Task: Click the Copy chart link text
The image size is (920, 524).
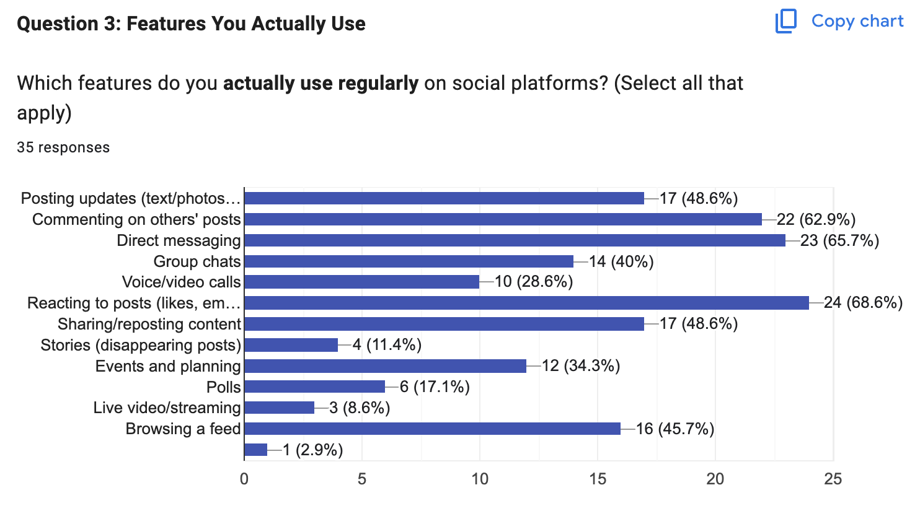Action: click(x=857, y=21)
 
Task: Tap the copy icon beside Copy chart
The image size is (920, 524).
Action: click(x=786, y=21)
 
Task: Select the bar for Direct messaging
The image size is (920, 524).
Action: click(x=515, y=240)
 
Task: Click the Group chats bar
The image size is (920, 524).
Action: click(x=409, y=261)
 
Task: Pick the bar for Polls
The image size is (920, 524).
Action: click(x=315, y=387)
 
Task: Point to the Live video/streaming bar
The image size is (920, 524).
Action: click(x=280, y=408)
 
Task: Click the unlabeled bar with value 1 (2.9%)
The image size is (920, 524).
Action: click(x=256, y=450)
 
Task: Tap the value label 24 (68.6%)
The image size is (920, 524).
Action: click(x=863, y=303)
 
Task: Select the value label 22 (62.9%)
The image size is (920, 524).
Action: click(x=816, y=219)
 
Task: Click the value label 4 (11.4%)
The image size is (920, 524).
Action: click(x=387, y=345)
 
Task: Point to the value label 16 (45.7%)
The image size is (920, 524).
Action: click(x=675, y=429)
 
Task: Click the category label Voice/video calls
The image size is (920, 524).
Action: click(x=181, y=282)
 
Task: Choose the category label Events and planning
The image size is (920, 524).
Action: click(x=168, y=366)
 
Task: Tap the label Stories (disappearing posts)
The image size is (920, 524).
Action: click(x=141, y=345)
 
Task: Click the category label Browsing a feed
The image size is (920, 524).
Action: click(x=183, y=429)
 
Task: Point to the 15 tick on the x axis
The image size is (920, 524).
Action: click(x=597, y=479)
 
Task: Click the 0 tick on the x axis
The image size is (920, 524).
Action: click(x=244, y=479)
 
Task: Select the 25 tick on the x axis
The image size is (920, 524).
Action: click(x=833, y=479)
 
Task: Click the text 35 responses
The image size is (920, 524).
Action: click(x=63, y=147)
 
